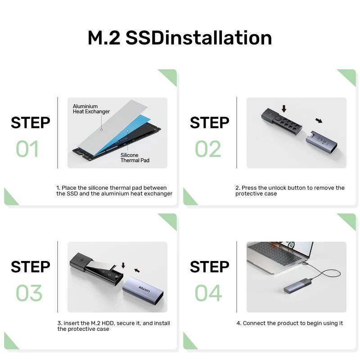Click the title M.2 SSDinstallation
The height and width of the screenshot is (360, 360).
point(180,38)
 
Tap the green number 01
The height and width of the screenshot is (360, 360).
point(27,149)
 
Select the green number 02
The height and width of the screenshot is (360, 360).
point(208,149)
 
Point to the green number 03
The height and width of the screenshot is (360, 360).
point(29,293)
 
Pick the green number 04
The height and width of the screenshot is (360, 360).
point(208,293)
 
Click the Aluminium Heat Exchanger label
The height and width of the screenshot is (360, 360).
point(91,109)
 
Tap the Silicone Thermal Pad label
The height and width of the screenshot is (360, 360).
point(135,158)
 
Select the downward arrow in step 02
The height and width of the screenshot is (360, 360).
point(284,109)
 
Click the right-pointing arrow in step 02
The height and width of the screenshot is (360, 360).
point(319,121)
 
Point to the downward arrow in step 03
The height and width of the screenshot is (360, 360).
point(123,265)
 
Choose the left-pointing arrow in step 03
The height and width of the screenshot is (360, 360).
point(137,270)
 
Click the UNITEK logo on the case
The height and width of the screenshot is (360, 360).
point(144,289)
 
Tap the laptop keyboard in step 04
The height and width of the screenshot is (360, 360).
point(275,253)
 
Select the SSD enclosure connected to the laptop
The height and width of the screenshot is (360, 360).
point(298,286)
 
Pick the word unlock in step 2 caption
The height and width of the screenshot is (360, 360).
point(277,188)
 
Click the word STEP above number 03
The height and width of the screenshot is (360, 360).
point(30,266)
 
